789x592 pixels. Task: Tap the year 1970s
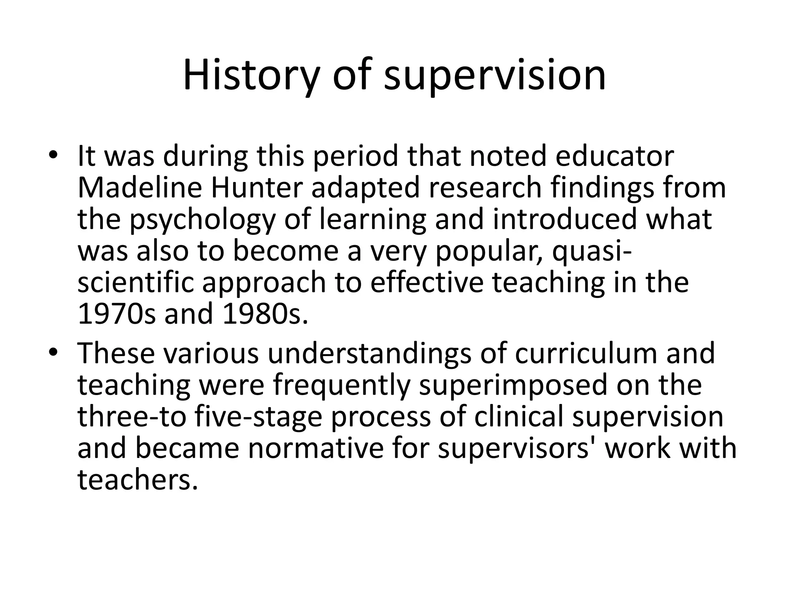pyautogui.click(x=116, y=314)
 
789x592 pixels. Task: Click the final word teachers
pyautogui.click(x=138, y=480)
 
